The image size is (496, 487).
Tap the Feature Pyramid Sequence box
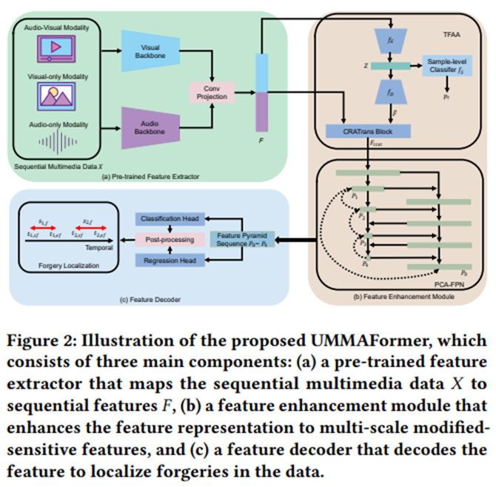(x=241, y=240)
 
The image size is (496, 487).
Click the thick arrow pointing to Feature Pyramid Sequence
(x=292, y=240)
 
